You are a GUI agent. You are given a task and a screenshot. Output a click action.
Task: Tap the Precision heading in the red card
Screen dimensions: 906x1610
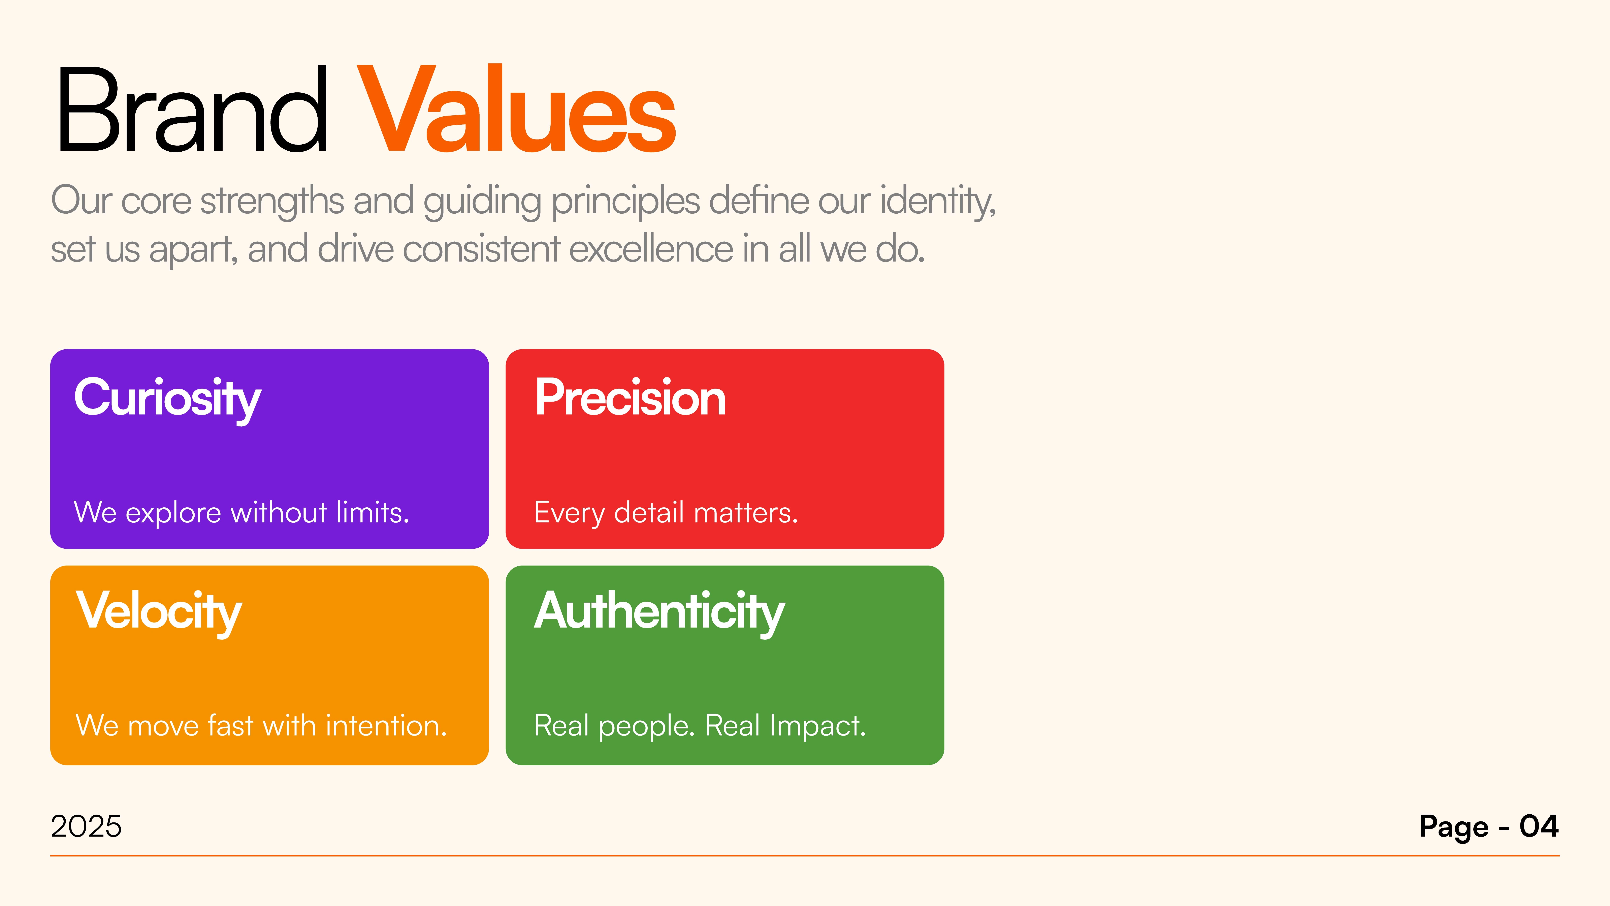click(x=630, y=398)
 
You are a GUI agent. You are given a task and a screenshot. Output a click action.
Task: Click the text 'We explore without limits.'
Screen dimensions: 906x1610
click(x=241, y=513)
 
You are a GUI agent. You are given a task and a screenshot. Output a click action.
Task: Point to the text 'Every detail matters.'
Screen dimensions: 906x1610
click(x=666, y=513)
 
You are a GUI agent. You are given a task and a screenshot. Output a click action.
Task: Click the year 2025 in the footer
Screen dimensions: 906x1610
click(x=86, y=827)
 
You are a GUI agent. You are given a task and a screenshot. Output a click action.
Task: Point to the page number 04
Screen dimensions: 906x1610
click(x=1539, y=827)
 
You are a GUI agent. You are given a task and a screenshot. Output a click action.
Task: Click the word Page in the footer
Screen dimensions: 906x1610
click(x=1454, y=827)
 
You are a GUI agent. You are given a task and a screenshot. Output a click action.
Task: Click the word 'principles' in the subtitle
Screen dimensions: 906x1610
click(x=625, y=201)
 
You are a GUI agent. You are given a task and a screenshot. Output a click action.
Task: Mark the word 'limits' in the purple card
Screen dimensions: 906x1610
click(x=371, y=513)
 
